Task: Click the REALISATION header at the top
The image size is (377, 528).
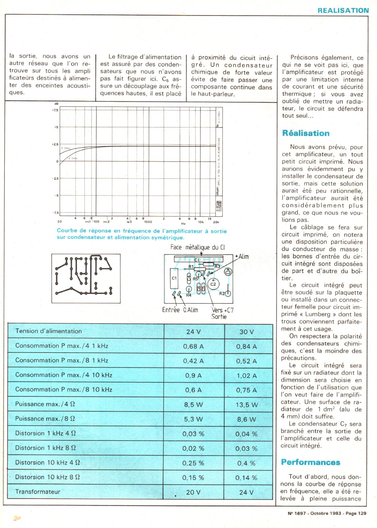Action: pos(343,11)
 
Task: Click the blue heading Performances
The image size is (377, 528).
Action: pos(310,462)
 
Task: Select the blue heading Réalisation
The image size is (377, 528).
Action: pos(306,133)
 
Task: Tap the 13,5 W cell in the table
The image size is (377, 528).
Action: pos(246,405)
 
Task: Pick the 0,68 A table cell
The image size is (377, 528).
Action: pos(193,346)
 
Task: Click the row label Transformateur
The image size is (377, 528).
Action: pos(38,492)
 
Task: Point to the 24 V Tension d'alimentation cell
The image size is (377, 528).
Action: pos(193,332)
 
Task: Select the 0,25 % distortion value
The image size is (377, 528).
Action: pos(193,463)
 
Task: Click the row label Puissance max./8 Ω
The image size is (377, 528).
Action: pos(45,419)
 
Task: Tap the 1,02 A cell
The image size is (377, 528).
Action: pos(246,376)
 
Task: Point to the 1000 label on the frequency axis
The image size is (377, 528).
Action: pos(148,222)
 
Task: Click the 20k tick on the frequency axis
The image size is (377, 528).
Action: pos(216,222)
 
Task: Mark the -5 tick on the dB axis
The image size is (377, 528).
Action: pos(56,196)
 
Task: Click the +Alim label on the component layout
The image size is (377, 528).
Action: pos(242,257)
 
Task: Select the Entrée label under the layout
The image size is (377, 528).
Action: pos(171,310)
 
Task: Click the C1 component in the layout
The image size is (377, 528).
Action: pos(174,278)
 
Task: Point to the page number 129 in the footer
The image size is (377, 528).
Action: pos(361,514)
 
